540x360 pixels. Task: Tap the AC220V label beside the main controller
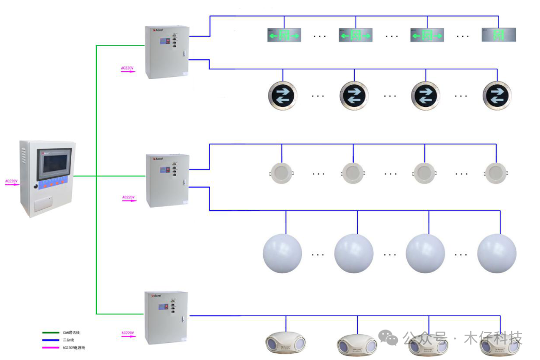[11, 181]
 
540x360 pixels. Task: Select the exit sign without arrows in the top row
[499, 35]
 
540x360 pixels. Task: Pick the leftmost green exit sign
[284, 35]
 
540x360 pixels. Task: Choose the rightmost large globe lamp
[497, 253]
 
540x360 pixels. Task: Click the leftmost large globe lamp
[282, 253]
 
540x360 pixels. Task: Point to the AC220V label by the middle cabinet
[129, 197]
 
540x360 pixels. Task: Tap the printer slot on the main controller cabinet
[46, 204]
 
